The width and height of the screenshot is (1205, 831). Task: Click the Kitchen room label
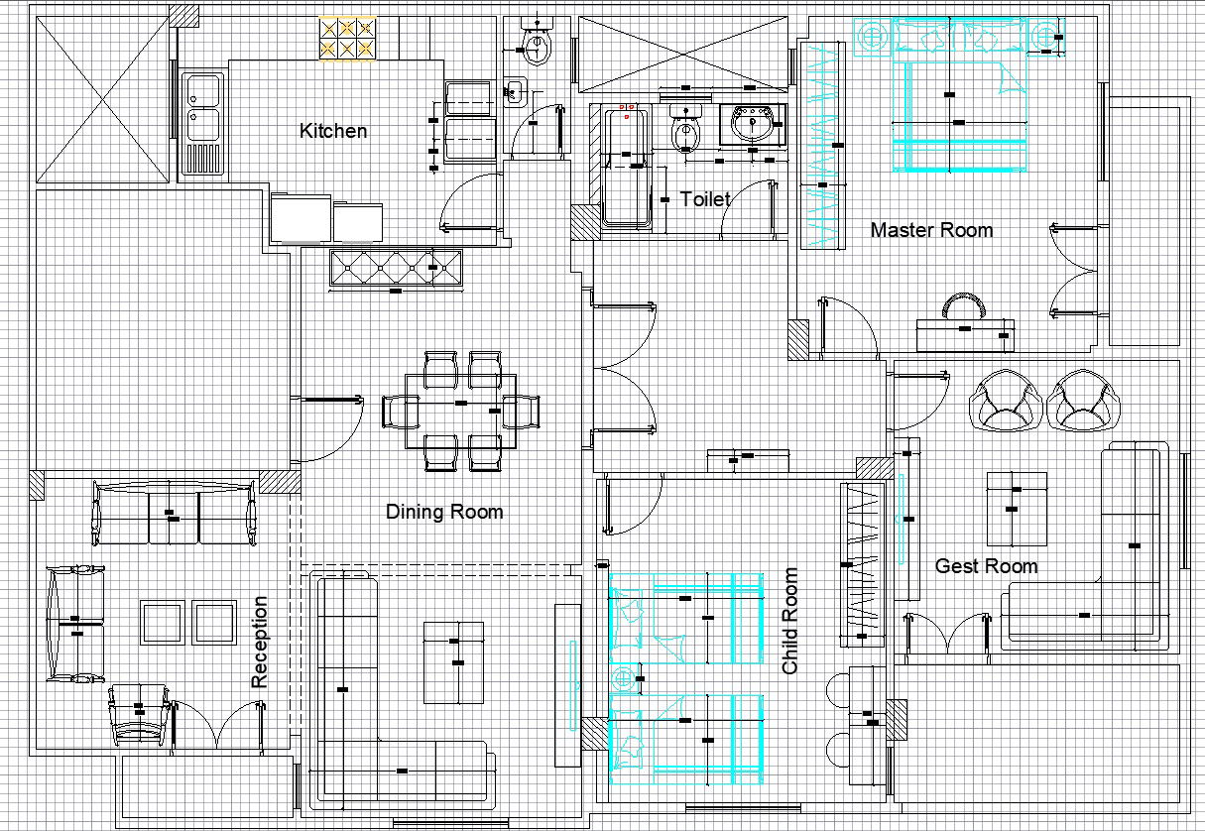[333, 131]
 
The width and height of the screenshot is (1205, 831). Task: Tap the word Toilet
[705, 199]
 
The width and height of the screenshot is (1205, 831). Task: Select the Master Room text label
[931, 230]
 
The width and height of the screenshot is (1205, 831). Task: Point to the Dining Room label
[444, 512]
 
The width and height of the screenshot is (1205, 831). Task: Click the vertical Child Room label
[790, 621]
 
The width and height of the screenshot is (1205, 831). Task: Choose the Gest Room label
[986, 566]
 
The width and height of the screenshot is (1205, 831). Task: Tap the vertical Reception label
[260, 642]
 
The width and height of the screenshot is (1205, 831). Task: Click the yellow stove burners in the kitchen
[347, 39]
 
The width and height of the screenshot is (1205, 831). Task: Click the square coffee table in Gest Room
[1017, 508]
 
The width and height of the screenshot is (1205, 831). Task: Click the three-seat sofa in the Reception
[174, 514]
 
